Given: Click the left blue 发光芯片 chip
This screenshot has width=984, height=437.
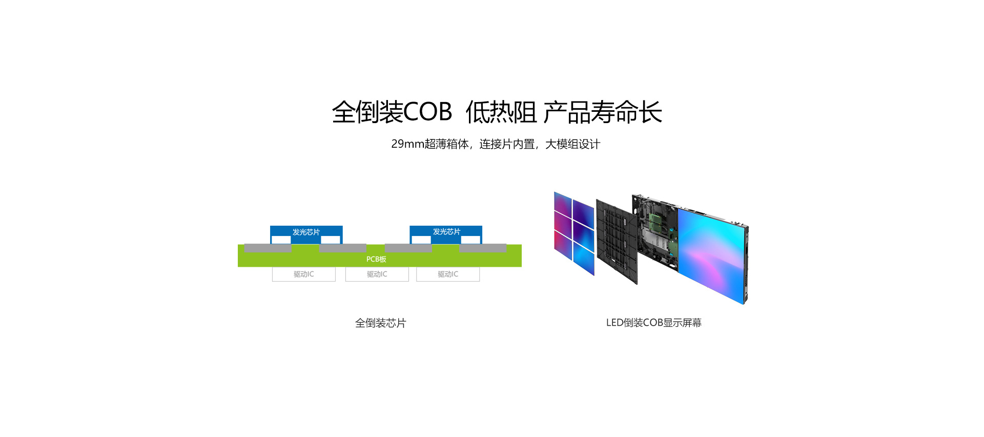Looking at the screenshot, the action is coord(306,232).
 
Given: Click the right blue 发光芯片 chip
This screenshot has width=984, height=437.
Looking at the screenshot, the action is coord(446,232).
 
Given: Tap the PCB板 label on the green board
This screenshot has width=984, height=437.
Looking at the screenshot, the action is coord(376,260).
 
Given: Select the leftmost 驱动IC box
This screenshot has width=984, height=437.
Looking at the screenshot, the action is coord(304,274).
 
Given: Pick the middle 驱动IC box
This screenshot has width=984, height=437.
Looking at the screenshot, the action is coord(377,274).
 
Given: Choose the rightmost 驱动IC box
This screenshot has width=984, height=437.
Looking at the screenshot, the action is coord(448,274).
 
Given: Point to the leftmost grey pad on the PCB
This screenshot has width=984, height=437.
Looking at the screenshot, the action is coord(268,248).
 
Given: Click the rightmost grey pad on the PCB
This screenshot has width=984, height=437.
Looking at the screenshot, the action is coord(483,248).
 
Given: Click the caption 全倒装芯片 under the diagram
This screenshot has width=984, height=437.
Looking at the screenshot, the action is coord(381,323).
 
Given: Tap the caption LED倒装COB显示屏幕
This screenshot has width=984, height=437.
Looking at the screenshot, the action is coord(654,323).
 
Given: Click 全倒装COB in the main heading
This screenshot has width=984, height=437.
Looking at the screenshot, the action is coord(392,112).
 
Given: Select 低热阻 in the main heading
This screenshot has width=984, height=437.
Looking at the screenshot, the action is coord(501,112).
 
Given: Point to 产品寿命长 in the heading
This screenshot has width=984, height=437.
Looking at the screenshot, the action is coord(603,112).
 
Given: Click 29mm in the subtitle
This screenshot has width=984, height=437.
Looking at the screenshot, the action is coord(407,144).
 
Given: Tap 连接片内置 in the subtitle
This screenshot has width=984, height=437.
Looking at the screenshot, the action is coord(506,144).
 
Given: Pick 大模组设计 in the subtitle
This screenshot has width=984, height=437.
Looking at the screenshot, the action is coord(572,144).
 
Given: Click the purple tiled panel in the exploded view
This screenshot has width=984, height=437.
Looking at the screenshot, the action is coord(574,233).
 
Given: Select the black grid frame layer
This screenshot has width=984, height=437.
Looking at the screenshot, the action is coord(617,241).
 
